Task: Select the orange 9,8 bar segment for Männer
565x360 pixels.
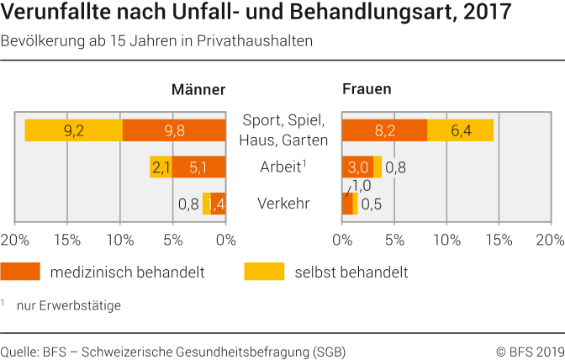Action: (173, 130)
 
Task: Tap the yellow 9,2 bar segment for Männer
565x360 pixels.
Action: (74, 130)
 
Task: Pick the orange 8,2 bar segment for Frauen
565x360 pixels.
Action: (384, 130)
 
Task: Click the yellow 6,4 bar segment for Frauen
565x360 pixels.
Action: (460, 130)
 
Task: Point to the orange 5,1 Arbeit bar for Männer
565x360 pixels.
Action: (198, 167)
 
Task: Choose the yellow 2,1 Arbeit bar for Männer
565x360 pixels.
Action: (161, 167)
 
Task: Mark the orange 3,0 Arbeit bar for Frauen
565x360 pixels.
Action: (357, 167)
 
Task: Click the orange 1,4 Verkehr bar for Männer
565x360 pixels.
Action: (218, 204)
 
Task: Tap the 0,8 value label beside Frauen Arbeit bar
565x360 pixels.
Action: (396, 167)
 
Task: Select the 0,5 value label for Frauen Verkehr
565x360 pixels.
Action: (372, 204)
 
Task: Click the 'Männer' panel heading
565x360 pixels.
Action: (198, 90)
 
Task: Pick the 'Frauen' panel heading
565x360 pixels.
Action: (367, 89)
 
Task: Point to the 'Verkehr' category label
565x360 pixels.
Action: (284, 204)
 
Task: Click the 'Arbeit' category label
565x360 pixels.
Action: (281, 167)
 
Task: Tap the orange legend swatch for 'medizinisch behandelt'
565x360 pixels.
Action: (20, 272)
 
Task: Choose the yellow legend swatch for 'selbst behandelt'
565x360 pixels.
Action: (264, 272)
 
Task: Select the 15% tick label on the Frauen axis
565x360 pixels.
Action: (499, 240)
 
